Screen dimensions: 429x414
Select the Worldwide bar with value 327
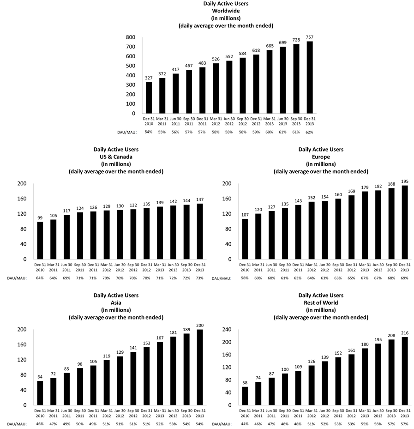[x=149, y=97]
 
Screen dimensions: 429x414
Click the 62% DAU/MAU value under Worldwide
[x=309, y=132]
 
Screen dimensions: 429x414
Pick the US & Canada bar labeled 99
[x=40, y=241]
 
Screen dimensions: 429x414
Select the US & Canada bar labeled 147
[x=200, y=231]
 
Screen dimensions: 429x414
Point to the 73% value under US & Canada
[x=200, y=278]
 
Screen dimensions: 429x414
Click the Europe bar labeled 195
[x=405, y=222]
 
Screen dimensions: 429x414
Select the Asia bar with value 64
[x=40, y=393]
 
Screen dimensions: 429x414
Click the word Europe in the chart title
[x=321, y=157]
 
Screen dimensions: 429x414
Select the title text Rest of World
[x=321, y=302]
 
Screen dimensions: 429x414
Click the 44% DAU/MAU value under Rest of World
[x=245, y=423]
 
